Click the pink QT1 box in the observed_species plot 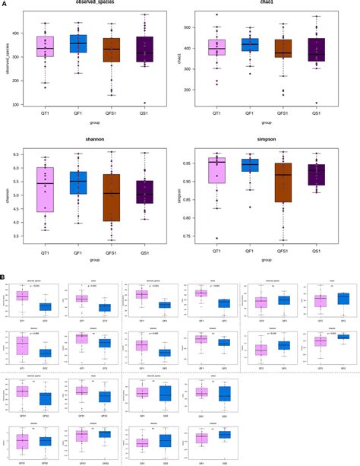tap(46, 46)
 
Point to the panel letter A tap(5, 4)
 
